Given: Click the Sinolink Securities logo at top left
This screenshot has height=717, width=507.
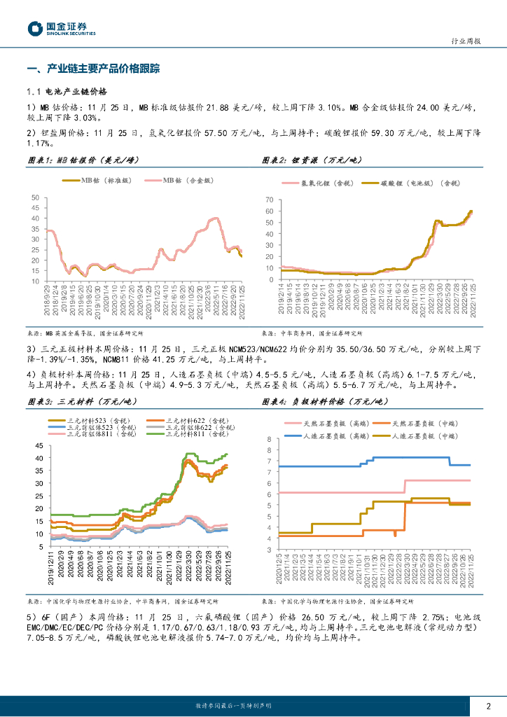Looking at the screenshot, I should [x=62, y=28].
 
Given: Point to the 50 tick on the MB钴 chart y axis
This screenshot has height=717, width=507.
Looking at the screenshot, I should [x=35, y=198].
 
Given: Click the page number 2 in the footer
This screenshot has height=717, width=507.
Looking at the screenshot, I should [x=488, y=706].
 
